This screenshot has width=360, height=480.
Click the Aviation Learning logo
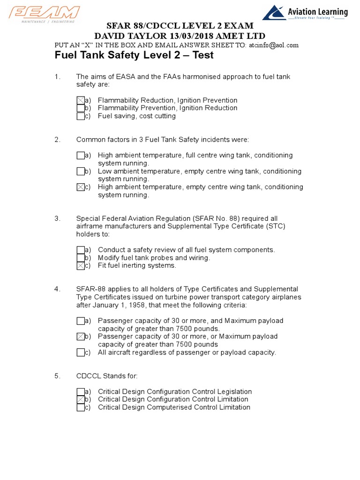tap(305, 13)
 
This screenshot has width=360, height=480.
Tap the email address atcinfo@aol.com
tap(273, 45)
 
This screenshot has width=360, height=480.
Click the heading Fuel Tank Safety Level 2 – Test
tap(134, 55)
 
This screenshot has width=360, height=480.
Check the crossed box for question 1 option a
tap(81, 100)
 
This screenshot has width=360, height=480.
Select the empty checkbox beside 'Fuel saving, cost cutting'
tap(81, 116)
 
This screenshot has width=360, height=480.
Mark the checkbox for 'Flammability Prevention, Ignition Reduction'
tap(81, 108)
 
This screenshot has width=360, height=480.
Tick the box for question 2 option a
tap(81, 156)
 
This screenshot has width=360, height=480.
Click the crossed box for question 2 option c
tap(81, 187)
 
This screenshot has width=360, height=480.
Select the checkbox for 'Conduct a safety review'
tap(81, 250)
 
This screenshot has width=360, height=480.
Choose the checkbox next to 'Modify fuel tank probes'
tap(81, 258)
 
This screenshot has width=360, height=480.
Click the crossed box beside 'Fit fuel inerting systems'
tap(81, 266)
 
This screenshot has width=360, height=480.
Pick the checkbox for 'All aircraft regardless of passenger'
tap(81, 352)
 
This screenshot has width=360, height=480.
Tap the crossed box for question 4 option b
tap(81, 337)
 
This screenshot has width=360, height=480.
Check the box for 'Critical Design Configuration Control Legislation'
tap(81, 392)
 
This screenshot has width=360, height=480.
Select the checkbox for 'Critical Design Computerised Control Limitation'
tap(81, 408)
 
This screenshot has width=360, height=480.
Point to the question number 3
tap(57, 218)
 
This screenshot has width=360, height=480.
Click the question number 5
tap(57, 376)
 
